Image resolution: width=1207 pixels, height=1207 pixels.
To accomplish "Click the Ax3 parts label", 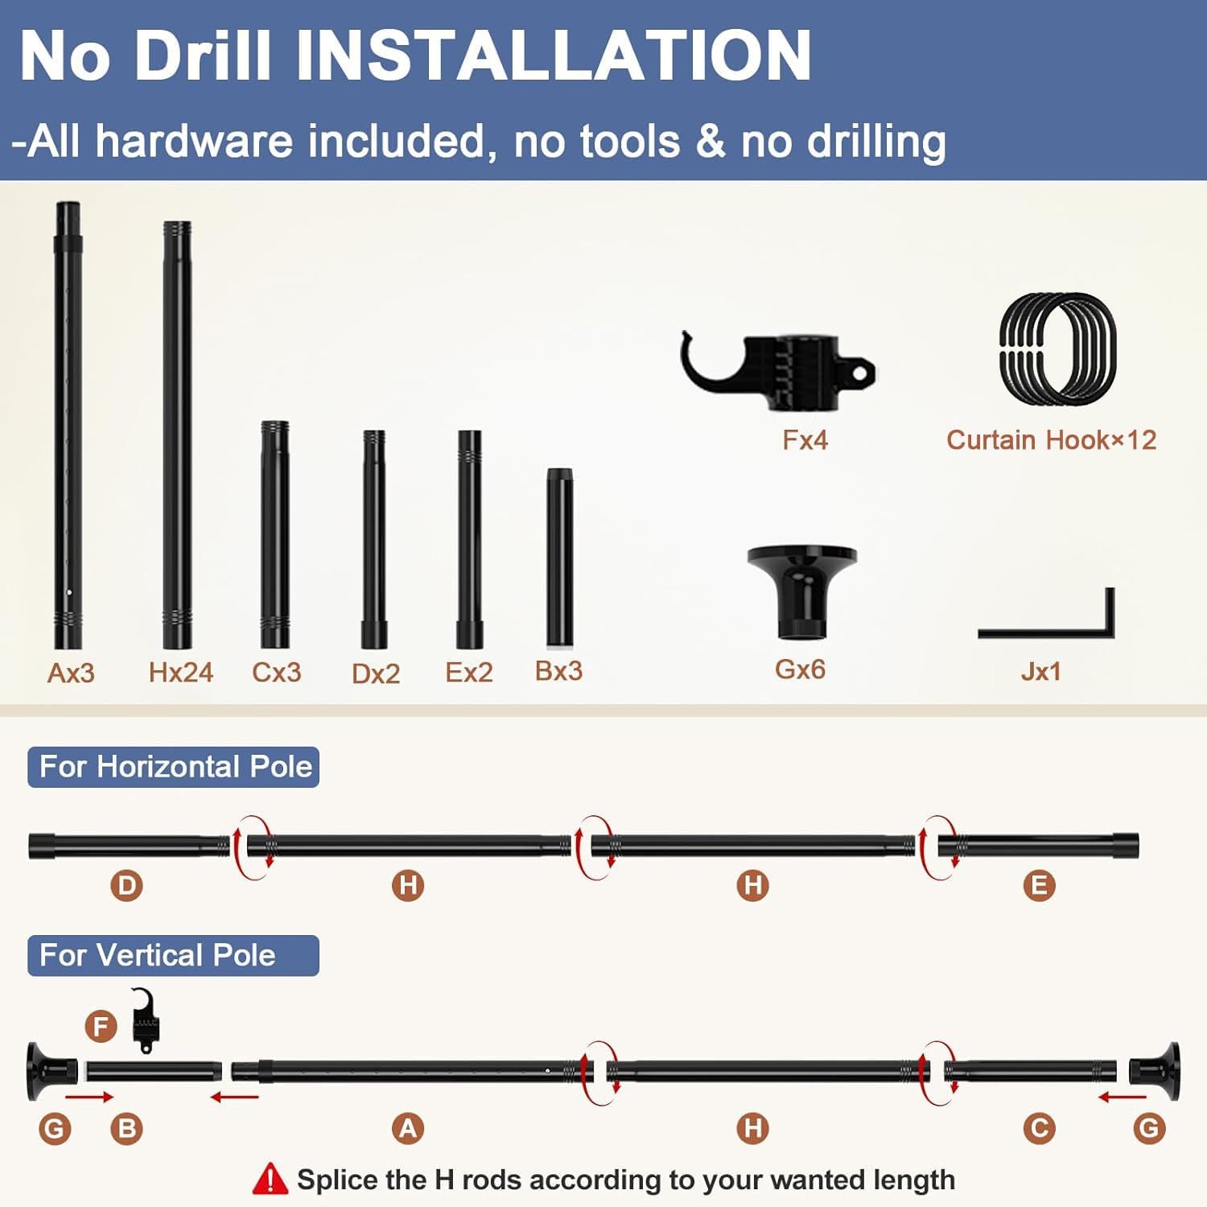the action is tap(71, 673).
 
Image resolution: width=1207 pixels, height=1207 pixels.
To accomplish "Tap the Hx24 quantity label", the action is tap(181, 672).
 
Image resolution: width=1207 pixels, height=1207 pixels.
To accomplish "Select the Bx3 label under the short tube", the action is tap(558, 671).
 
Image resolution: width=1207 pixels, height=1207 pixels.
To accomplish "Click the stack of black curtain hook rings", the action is tap(1057, 349).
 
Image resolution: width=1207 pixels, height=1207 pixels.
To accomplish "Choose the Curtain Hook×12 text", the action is tap(1051, 440).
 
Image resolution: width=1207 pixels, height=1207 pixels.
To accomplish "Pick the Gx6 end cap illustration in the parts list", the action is tap(802, 592).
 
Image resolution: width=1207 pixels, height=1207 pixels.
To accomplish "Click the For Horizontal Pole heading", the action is tap(175, 767).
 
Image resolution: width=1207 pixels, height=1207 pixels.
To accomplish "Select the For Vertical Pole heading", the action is tap(158, 955).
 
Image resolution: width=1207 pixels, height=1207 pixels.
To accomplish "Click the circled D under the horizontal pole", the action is tap(126, 886).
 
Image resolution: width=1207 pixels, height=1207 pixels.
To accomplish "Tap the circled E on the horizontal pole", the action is tap(1039, 886).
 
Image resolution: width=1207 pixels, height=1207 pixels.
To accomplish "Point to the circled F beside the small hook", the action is tap(101, 1026).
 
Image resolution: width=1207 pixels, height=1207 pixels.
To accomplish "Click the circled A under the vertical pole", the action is tap(408, 1128).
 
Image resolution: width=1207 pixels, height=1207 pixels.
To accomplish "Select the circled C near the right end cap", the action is tap(1039, 1128).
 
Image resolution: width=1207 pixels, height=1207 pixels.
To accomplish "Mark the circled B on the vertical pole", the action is tap(126, 1128).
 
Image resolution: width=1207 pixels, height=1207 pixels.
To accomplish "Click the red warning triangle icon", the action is tap(270, 1179).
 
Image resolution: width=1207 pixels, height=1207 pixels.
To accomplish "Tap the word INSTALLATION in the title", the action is tap(554, 56).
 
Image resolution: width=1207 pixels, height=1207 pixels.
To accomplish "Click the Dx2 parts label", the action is tap(376, 674).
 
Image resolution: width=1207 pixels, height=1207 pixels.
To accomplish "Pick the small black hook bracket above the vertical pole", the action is tap(146, 1020).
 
